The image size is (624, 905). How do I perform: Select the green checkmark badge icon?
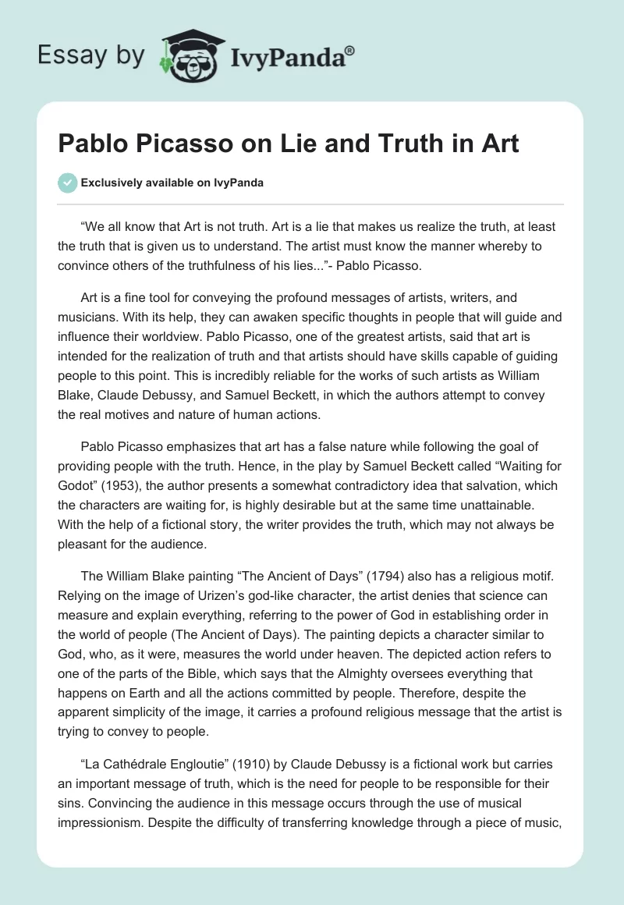(67, 183)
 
